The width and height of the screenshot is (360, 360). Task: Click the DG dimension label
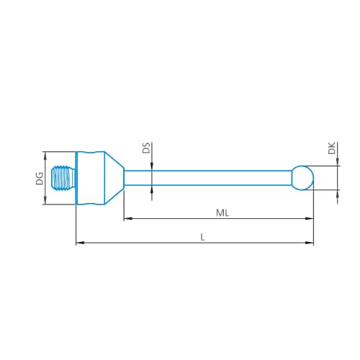pyautogui.click(x=40, y=178)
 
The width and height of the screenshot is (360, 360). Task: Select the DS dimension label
pyautogui.click(x=145, y=149)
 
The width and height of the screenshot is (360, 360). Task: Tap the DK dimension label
pyautogui.click(x=330, y=149)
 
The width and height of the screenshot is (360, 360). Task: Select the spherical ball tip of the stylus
pyautogui.click(x=303, y=177)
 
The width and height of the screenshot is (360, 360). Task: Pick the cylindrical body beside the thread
pyautogui.click(x=91, y=178)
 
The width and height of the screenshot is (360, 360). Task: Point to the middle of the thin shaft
pyautogui.click(x=209, y=177)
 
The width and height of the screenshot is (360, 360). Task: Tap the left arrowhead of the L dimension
pyautogui.click(x=79, y=243)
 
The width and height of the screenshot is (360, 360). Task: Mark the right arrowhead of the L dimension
pyautogui.click(x=310, y=243)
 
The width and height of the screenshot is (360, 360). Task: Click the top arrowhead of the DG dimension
pyautogui.click(x=45, y=155)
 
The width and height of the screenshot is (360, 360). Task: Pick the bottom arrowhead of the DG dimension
pyautogui.click(x=45, y=202)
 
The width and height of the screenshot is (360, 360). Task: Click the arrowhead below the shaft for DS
pyautogui.click(x=152, y=188)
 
